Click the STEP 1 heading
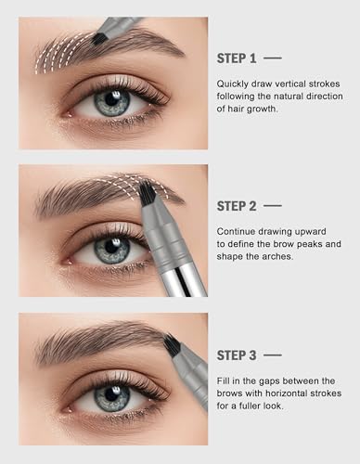(238, 58)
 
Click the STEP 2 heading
(238, 205)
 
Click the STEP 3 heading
(238, 354)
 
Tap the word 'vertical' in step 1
(284, 84)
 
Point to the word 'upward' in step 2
(304, 231)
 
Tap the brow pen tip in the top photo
(98, 39)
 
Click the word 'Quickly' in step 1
(233, 84)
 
